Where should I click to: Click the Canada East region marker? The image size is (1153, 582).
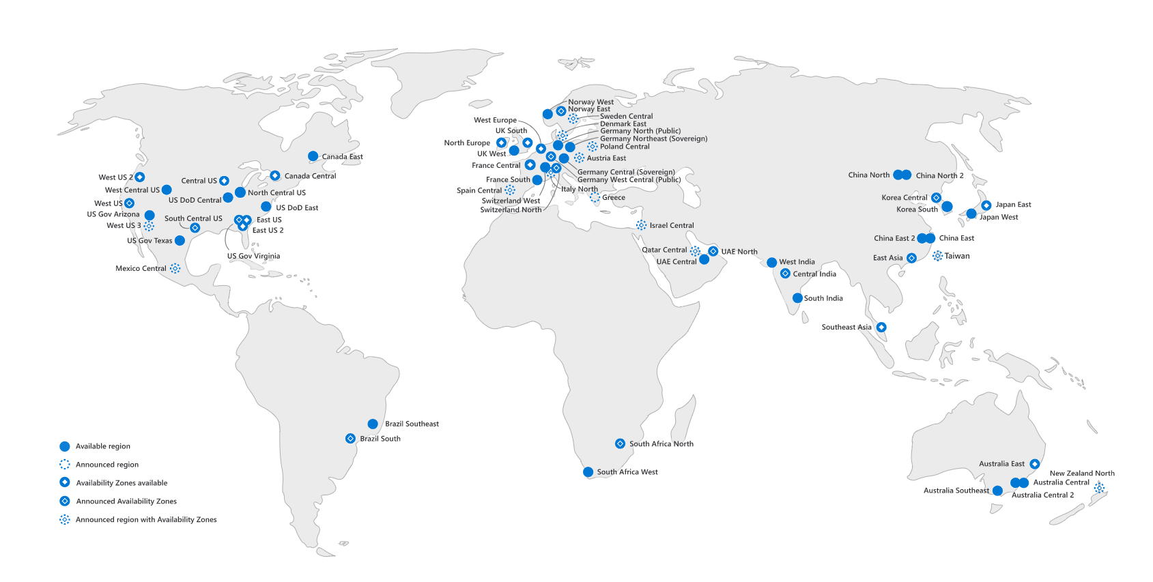click(313, 156)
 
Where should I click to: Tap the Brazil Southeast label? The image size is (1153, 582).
click(412, 424)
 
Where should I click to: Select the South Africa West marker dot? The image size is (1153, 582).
click(588, 472)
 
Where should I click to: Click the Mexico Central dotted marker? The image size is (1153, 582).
click(175, 268)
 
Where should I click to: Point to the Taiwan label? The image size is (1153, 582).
click(956, 256)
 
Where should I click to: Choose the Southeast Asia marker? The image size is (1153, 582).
click(881, 328)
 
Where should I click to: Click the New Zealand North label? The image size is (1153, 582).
click(1081, 473)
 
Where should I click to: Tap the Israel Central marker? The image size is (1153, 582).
click(641, 225)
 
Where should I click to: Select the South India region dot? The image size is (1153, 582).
click(797, 298)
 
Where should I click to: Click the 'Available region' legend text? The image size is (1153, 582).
click(102, 446)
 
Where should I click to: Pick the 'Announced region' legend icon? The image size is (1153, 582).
click(65, 465)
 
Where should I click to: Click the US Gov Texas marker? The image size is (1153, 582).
click(180, 240)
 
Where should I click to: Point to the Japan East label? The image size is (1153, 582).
click(1013, 205)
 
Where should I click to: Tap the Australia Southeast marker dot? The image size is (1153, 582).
click(997, 491)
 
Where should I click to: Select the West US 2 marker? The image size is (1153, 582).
click(139, 177)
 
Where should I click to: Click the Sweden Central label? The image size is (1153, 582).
click(626, 117)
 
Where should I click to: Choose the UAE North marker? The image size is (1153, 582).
click(713, 251)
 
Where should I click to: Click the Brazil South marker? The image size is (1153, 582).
click(350, 439)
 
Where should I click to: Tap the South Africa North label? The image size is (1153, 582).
click(661, 443)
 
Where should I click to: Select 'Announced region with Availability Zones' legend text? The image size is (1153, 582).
click(146, 520)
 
